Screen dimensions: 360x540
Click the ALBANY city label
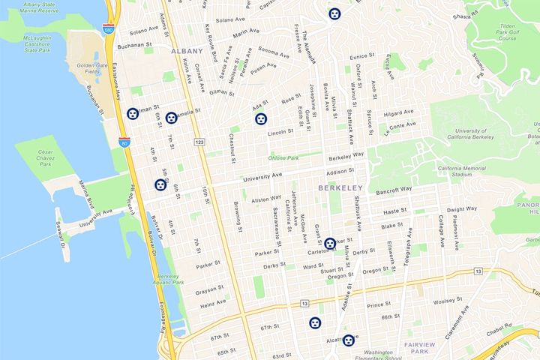click(x=187, y=51)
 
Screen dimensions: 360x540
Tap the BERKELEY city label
click(x=340, y=187)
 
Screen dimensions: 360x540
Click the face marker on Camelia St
click(x=171, y=118)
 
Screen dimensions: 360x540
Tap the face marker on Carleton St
click(x=329, y=244)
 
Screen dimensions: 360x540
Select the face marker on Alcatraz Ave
click(x=349, y=340)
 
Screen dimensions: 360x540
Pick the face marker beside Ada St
click(x=260, y=118)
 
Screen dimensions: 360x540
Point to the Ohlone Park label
click(x=283, y=157)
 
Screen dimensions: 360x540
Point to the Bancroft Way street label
click(x=394, y=190)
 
